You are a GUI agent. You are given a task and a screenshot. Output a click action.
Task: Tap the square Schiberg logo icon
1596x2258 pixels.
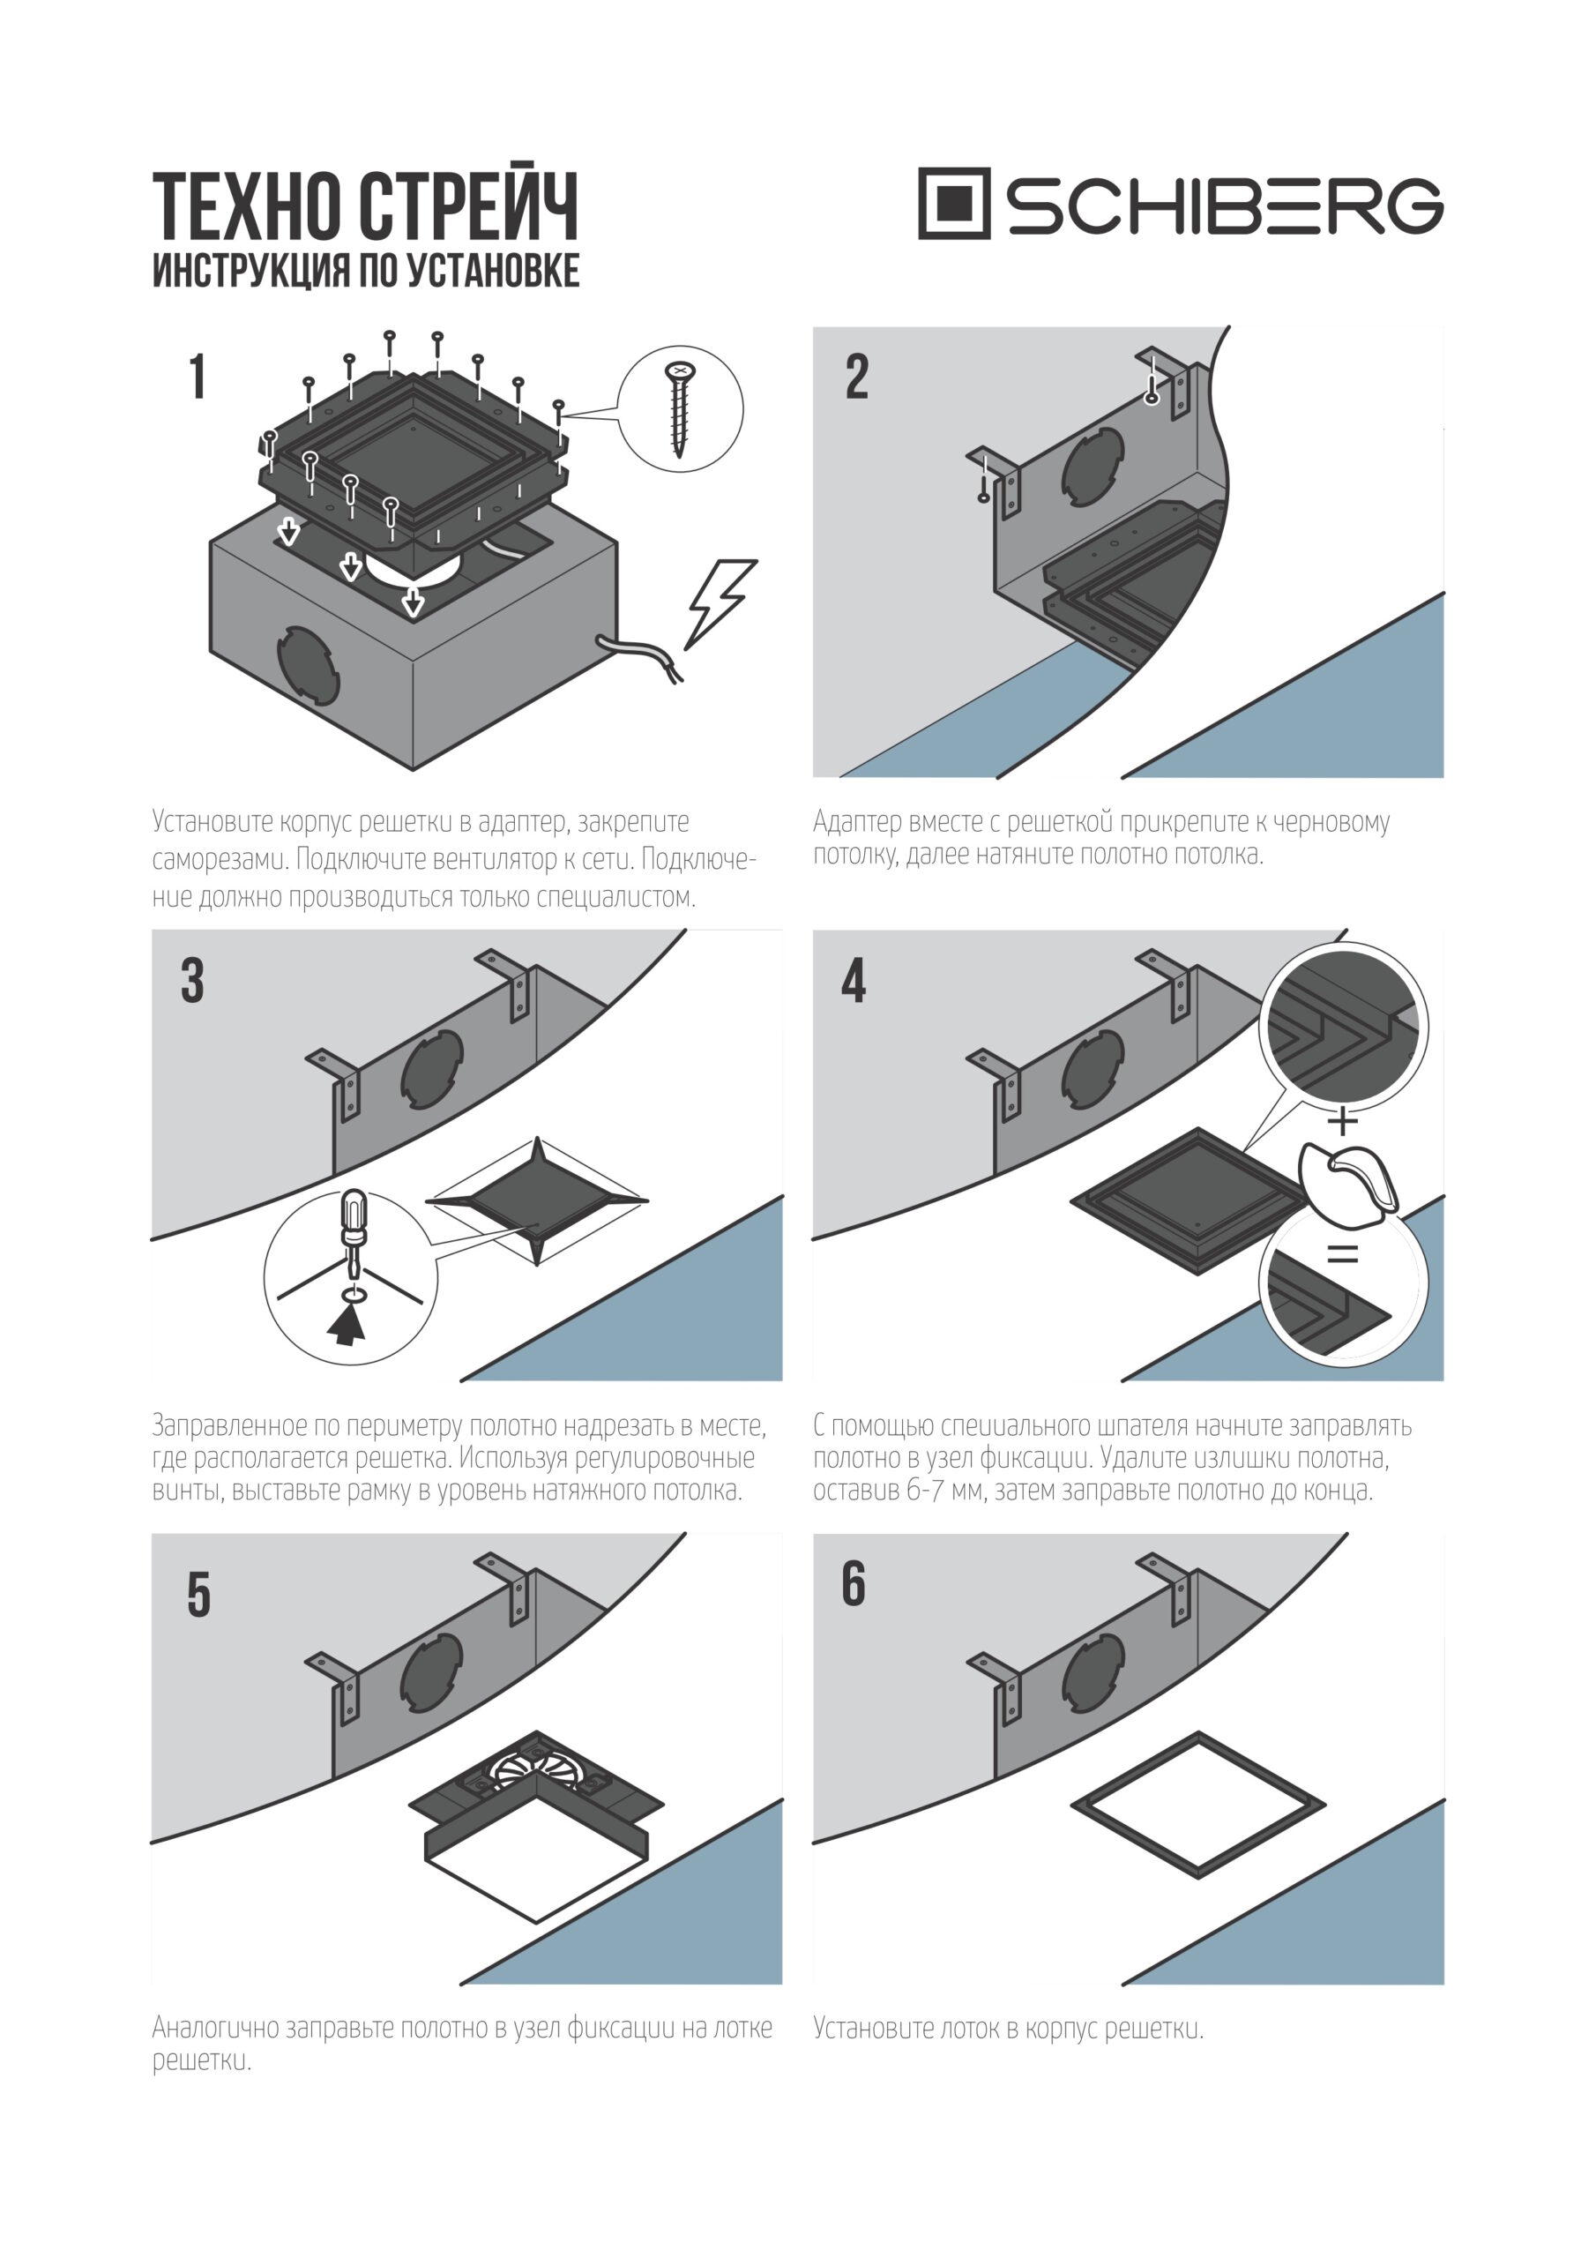(x=953, y=204)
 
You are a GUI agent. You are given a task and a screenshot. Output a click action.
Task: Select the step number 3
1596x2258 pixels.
(x=193, y=981)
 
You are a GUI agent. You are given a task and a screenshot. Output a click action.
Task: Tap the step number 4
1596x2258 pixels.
(x=854, y=981)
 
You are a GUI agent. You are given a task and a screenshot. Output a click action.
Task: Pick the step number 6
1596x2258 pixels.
(x=854, y=1584)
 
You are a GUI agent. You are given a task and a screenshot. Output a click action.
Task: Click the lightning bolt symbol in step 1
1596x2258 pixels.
(x=720, y=602)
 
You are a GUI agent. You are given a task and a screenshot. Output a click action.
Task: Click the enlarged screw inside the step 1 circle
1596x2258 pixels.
(x=679, y=408)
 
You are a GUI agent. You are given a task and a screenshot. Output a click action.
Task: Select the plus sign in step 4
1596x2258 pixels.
(x=1342, y=1120)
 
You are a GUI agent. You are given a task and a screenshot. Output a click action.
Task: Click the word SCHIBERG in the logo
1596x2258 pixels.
(x=1223, y=206)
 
